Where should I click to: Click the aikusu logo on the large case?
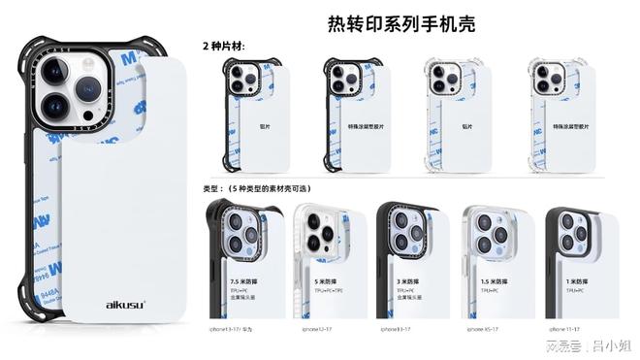coord(126,305)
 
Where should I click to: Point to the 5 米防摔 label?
coord(325,280)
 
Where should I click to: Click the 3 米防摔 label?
coord(410,280)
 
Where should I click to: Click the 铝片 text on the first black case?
coord(265,124)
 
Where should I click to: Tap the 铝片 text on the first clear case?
coord(464,124)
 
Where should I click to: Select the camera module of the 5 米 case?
coord(319,234)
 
